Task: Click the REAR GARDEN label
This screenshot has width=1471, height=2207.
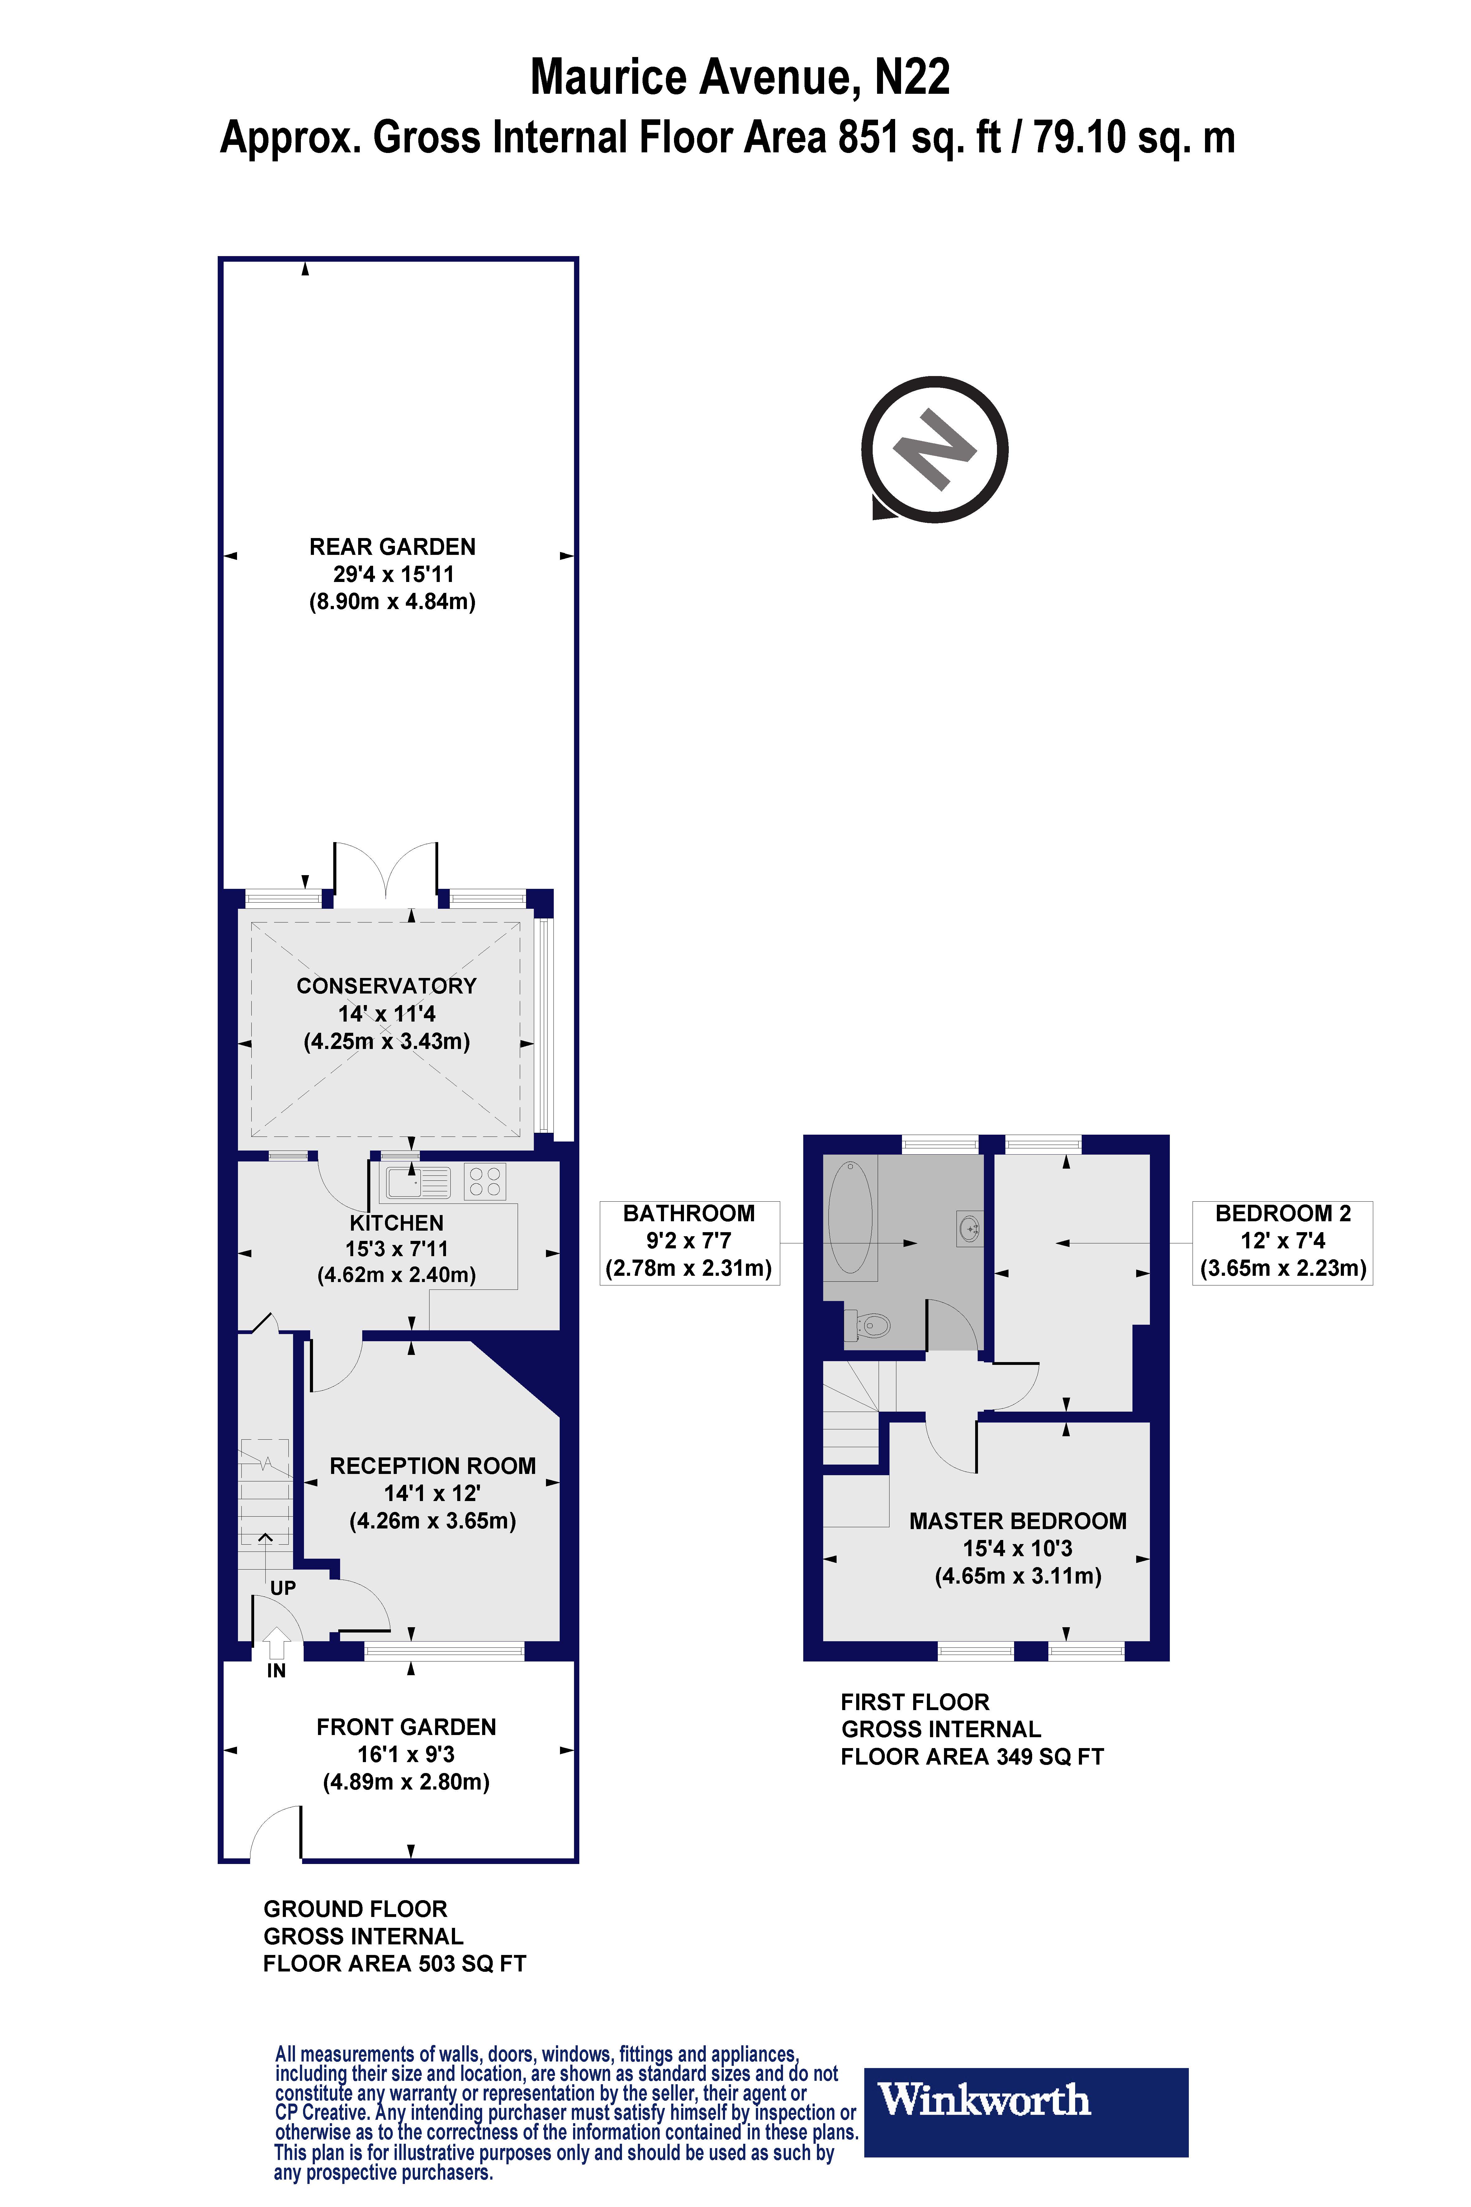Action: pyautogui.click(x=392, y=547)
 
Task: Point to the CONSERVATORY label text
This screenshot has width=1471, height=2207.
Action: pyautogui.click(x=387, y=986)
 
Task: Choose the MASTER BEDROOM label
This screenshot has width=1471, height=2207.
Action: pyautogui.click(x=1018, y=1521)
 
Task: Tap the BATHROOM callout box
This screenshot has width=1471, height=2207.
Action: pyautogui.click(x=690, y=1242)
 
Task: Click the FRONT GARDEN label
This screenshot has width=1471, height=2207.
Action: pyautogui.click(x=406, y=1727)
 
